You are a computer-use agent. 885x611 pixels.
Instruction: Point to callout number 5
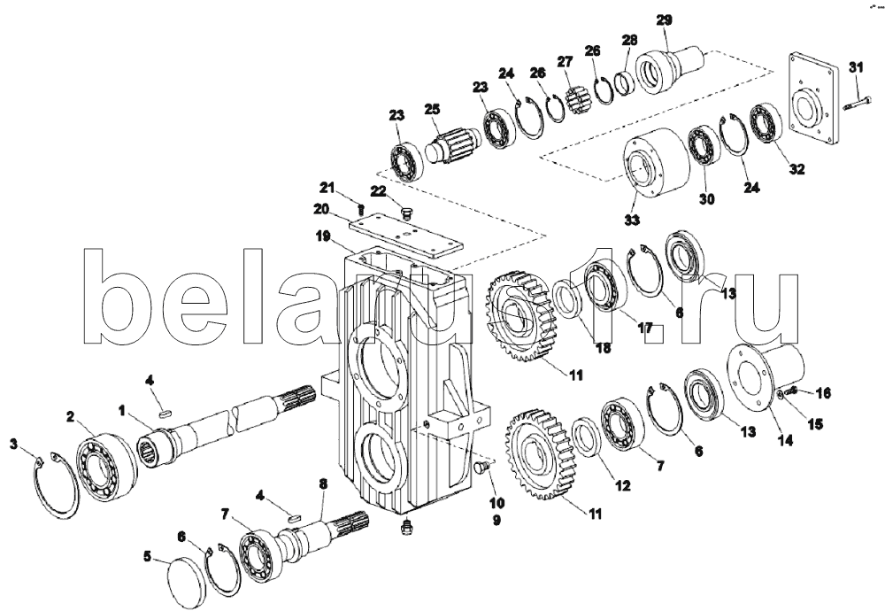click(148, 557)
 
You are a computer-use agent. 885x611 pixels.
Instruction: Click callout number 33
click(632, 219)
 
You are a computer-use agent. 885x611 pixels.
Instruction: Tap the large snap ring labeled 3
click(55, 486)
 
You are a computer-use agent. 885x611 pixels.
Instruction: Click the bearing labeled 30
click(705, 146)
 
